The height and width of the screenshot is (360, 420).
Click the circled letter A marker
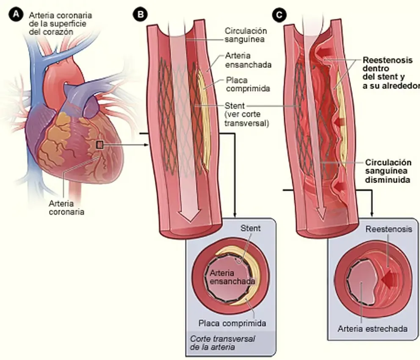pos(17,15)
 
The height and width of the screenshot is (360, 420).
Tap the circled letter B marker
pos(140,15)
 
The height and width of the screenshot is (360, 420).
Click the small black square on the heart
pos(100,145)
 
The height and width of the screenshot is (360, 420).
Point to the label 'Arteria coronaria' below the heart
pos(66,207)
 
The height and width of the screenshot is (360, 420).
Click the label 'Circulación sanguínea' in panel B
pos(246,35)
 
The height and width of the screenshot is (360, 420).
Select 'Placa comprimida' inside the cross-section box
pos(232,323)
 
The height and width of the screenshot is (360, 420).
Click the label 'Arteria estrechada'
pos(373,329)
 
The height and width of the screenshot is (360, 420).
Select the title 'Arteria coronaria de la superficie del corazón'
pos(60,23)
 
